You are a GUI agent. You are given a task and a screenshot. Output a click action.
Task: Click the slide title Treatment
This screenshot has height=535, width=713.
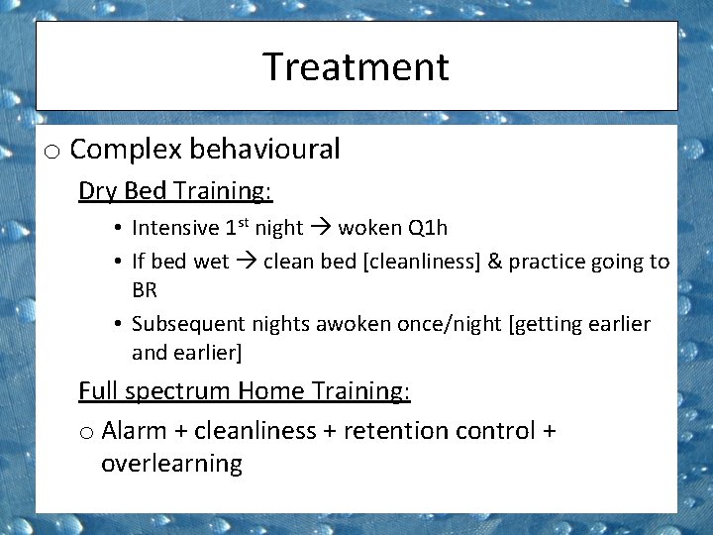pos(356,67)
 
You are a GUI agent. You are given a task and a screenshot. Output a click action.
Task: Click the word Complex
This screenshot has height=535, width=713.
pos(126,150)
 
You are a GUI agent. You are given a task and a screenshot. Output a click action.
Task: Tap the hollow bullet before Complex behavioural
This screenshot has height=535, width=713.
pos(52,152)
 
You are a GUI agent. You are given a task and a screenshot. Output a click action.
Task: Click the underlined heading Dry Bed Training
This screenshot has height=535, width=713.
pos(175,190)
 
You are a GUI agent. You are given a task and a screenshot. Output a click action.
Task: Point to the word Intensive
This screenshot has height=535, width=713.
pos(175,228)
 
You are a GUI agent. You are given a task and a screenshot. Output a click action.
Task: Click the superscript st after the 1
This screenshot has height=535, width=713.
pos(244,223)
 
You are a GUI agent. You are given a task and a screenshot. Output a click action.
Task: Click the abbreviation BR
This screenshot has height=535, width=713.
pos(145,290)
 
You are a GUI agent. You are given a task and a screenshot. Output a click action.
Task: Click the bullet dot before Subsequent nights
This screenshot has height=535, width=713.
pos(117,325)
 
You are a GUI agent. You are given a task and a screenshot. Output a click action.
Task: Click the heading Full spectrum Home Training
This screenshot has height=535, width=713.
pos(244,391)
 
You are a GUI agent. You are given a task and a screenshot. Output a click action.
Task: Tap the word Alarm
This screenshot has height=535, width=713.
pos(134,431)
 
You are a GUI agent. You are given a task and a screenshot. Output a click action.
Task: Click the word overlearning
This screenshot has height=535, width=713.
pos(171,464)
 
